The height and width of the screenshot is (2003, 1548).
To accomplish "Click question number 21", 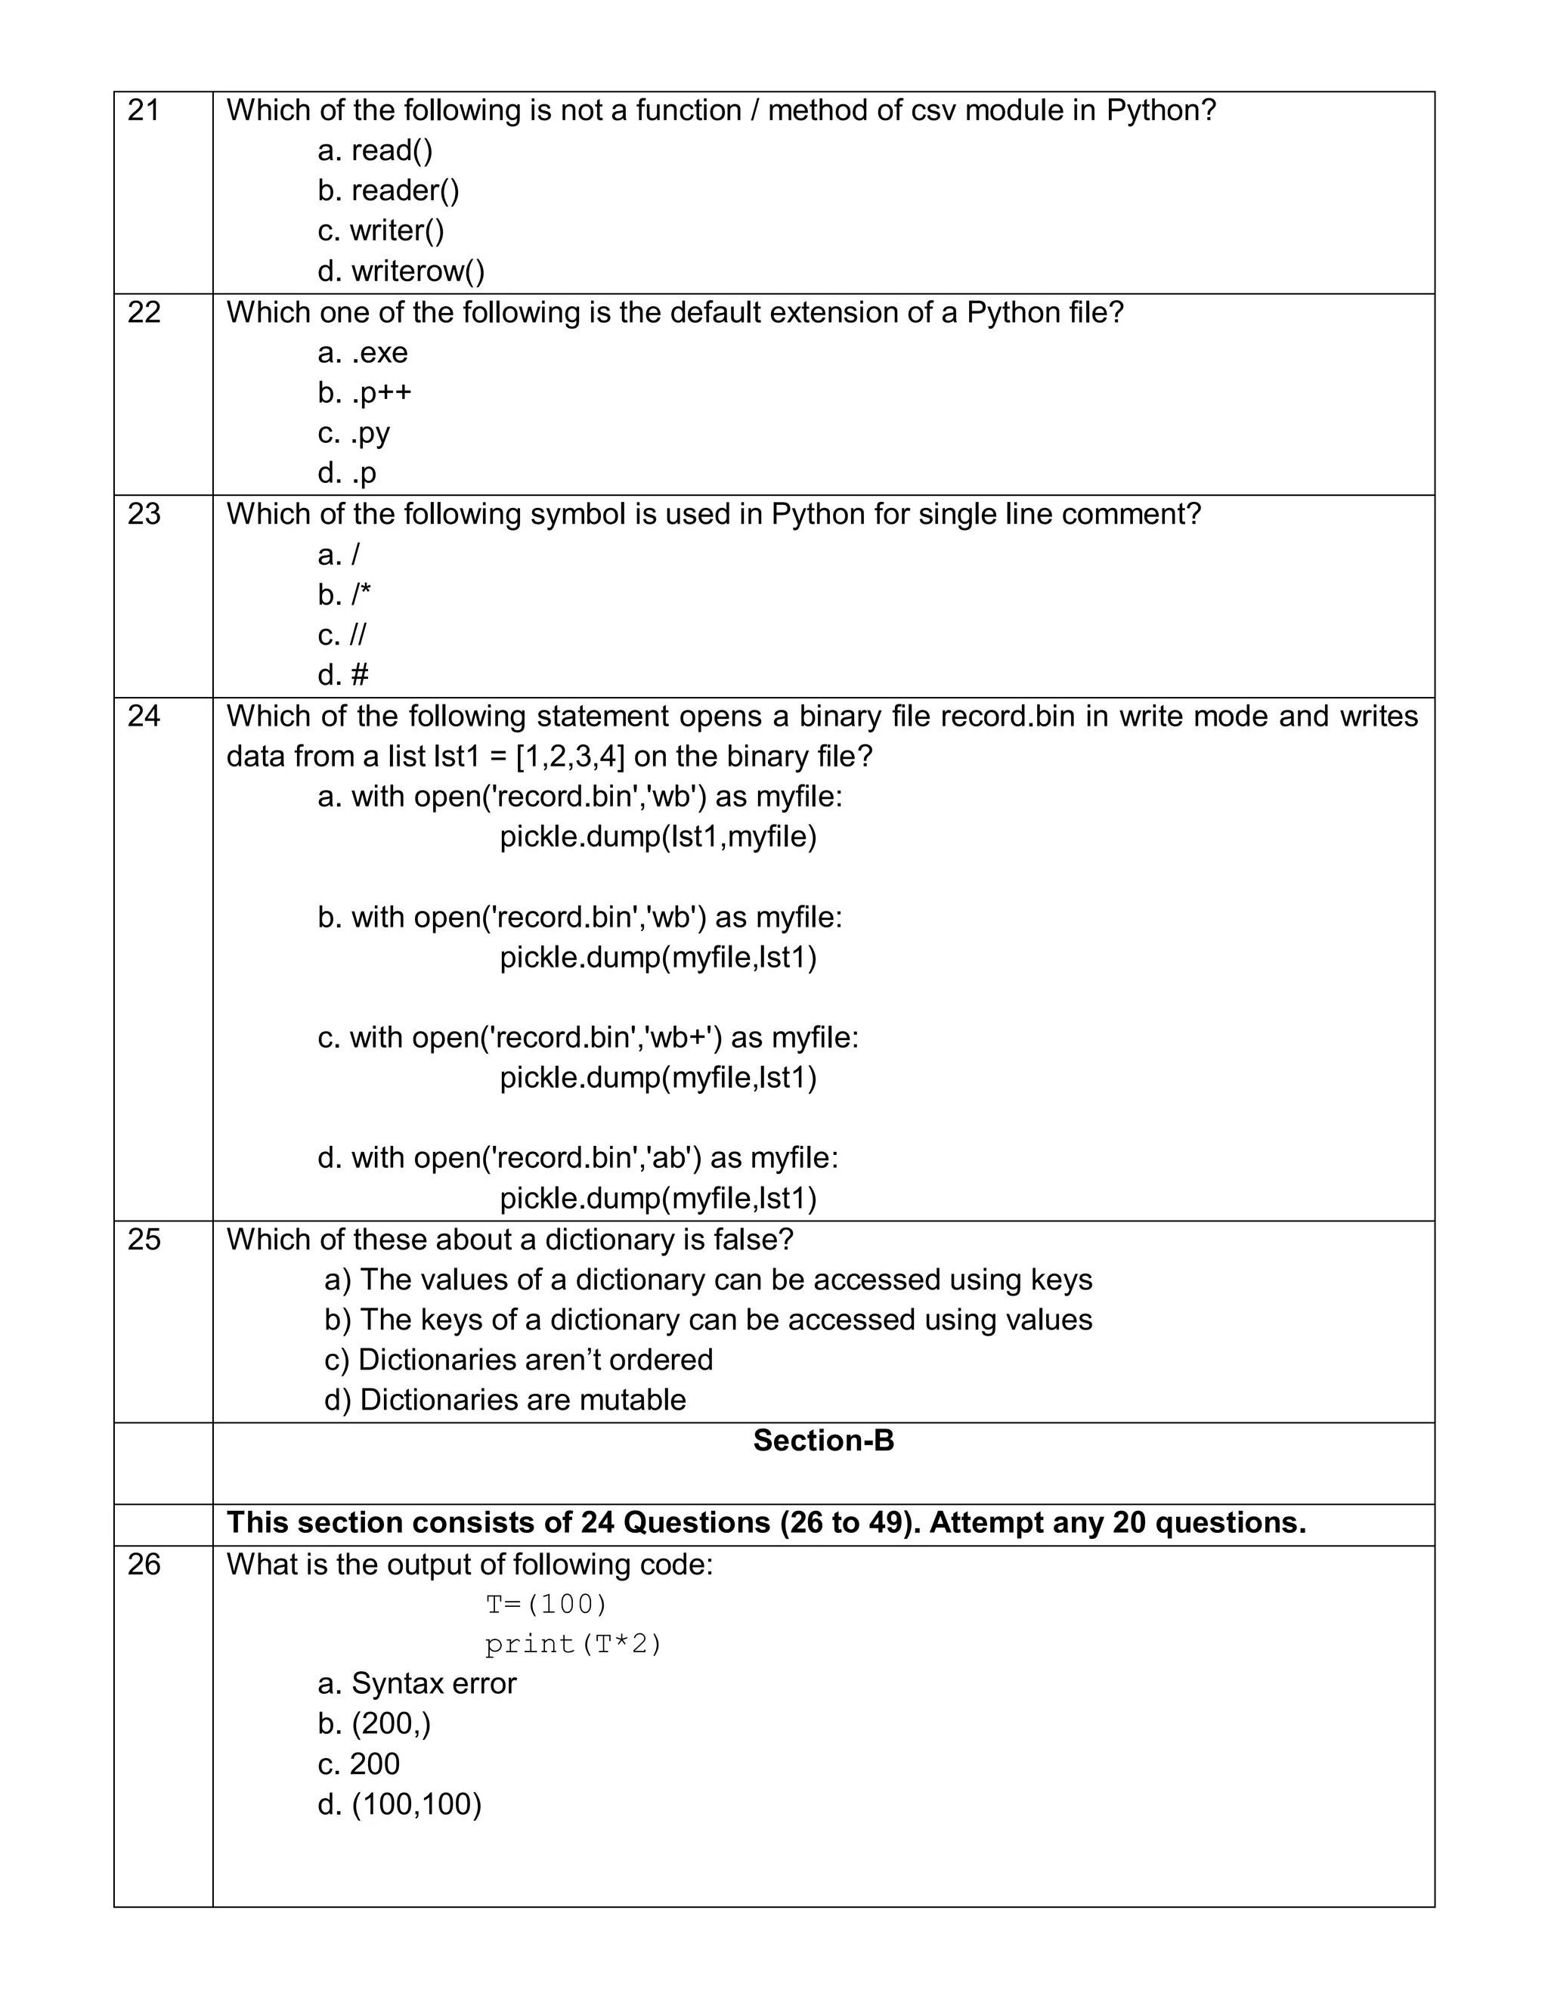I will [143, 111].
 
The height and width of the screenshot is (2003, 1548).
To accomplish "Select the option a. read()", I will [375, 150].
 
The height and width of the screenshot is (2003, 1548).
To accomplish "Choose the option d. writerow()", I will [401, 271].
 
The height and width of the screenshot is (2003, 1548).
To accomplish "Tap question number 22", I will [143, 313].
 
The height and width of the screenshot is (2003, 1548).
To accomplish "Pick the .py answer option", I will [354, 433].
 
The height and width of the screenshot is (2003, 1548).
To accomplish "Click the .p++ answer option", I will [365, 392].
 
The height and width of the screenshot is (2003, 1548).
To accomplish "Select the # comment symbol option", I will [343, 675].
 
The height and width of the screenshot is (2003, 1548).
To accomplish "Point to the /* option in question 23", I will [345, 594].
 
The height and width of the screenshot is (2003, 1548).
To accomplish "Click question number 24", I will [143, 717].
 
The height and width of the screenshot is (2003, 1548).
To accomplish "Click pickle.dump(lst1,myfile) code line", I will [658, 837].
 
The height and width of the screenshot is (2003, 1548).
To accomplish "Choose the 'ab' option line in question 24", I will [577, 1157].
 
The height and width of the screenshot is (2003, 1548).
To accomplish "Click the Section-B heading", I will [822, 1441].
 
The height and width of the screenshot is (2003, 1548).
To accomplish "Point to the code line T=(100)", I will [546, 1604].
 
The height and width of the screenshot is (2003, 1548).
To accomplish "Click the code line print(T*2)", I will [573, 1645].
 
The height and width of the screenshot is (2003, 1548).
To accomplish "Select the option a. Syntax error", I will [416, 1684].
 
